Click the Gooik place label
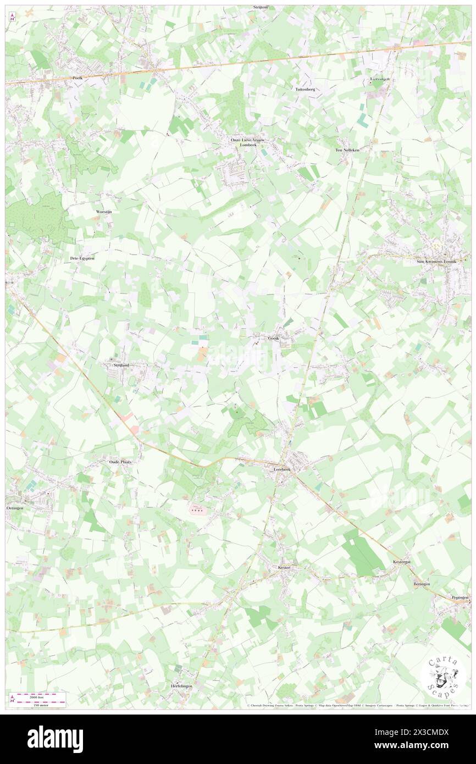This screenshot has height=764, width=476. [x=274, y=338]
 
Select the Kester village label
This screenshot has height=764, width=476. [x=284, y=567]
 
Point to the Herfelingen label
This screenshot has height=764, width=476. [x=181, y=688]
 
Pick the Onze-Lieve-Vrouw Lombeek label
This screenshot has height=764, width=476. [x=243, y=143]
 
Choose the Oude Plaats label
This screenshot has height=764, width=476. [x=121, y=462]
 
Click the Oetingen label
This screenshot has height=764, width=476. [x=15, y=508]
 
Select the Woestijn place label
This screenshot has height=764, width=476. [x=104, y=211]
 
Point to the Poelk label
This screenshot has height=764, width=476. [x=77, y=79]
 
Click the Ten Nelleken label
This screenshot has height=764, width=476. [x=347, y=150]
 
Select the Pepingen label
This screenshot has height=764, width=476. [x=461, y=596]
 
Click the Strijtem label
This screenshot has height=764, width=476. [x=261, y=7]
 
